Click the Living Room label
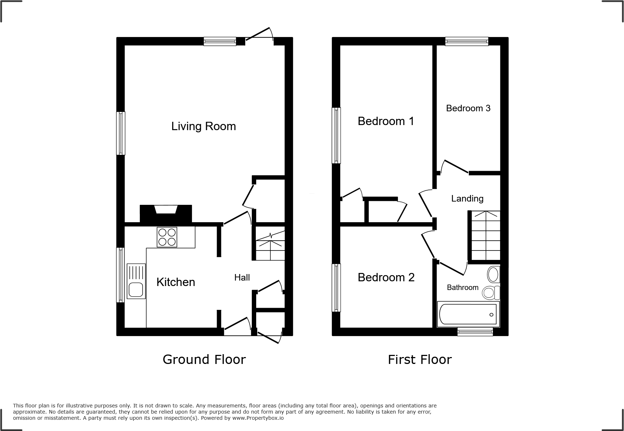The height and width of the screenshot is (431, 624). pyautogui.click(x=203, y=126)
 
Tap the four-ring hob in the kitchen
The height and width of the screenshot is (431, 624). pyautogui.click(x=167, y=237)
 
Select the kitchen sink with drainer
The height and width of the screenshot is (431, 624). pyautogui.click(x=136, y=281)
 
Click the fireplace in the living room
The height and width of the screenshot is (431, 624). pyautogui.click(x=166, y=214)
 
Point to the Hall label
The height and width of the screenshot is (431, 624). pyautogui.click(x=242, y=278)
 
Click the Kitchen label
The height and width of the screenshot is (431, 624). pyautogui.click(x=176, y=282)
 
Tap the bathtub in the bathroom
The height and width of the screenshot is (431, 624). pyautogui.click(x=468, y=314)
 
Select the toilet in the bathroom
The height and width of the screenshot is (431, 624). pyautogui.click(x=491, y=292)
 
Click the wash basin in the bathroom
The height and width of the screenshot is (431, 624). pyautogui.click(x=494, y=274)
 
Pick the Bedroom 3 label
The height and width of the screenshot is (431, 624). pyautogui.click(x=468, y=108)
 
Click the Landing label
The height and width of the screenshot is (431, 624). pyautogui.click(x=467, y=198)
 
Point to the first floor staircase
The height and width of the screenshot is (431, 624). pyautogui.click(x=486, y=236)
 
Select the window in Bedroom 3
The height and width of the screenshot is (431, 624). pyautogui.click(x=466, y=41)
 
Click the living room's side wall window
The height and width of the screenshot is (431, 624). pyautogui.click(x=121, y=133)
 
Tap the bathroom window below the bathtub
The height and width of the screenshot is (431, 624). pyautogui.click(x=475, y=331)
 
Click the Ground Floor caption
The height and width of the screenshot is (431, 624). pyautogui.click(x=204, y=359)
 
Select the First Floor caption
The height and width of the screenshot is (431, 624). pyautogui.click(x=420, y=360)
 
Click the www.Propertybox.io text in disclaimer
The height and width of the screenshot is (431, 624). pyautogui.click(x=258, y=418)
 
